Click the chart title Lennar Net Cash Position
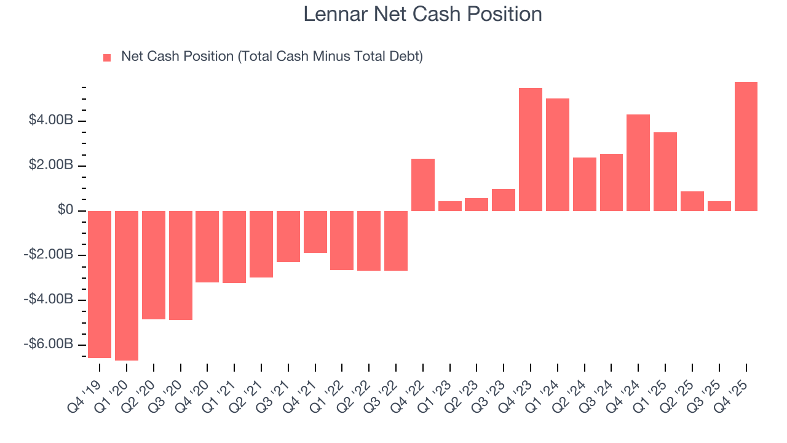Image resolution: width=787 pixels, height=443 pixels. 422,14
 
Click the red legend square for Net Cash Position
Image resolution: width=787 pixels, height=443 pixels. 107,58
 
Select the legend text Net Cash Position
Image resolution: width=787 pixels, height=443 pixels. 272,57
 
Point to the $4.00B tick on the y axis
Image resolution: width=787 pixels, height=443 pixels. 51,120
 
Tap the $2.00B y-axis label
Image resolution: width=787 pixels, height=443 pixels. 51,166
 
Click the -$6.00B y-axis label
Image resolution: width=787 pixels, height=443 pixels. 49,344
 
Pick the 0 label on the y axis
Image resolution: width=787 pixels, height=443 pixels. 66,210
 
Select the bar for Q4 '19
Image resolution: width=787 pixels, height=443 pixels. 100,284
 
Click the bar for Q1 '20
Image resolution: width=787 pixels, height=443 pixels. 127,285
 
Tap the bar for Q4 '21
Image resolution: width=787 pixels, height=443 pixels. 315,232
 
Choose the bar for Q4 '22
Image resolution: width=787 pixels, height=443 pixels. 423,185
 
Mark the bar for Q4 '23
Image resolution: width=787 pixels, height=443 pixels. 531,150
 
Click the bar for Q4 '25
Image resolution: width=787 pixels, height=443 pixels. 746,146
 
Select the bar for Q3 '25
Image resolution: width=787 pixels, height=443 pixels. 719,206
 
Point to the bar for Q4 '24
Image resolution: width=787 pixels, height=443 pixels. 638,162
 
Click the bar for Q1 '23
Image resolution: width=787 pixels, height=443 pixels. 450,206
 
